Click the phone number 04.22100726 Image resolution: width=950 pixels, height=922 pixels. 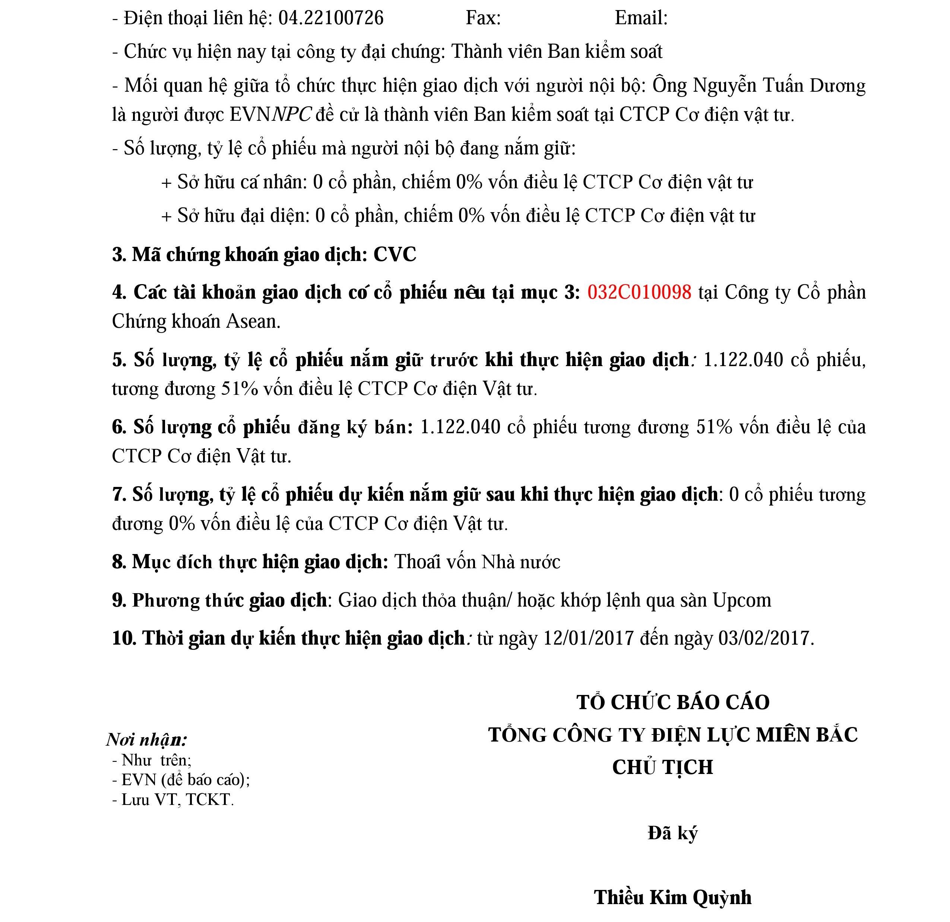pyautogui.click(x=330, y=18)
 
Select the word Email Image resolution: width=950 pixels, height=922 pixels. pyautogui.click(x=640, y=18)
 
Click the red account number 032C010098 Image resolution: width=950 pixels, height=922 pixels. pyautogui.click(x=639, y=292)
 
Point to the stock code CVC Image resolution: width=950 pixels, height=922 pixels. pyautogui.click(x=395, y=255)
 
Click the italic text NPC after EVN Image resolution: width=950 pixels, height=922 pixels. pyautogui.click(x=292, y=115)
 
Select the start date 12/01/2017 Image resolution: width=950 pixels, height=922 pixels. pyautogui.click(x=588, y=638)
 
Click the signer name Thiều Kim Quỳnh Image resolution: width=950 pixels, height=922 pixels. pyautogui.click(x=673, y=897)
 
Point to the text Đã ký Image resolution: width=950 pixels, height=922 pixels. pyautogui.click(x=673, y=833)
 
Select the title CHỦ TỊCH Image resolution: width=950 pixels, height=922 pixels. pyautogui.click(x=662, y=767)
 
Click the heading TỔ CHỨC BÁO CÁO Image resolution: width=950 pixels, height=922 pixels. pyautogui.click(x=673, y=702)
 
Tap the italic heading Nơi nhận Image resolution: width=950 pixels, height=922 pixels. pyautogui.click(x=146, y=740)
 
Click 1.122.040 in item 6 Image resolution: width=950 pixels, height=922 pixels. pyautogui.click(x=460, y=427)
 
